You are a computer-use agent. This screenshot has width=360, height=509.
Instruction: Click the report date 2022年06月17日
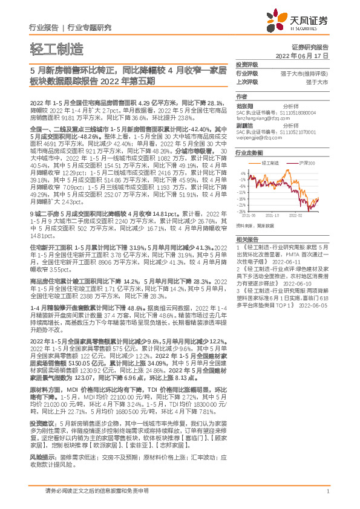[307, 55]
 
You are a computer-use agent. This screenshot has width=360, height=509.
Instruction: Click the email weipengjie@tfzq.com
[255, 137]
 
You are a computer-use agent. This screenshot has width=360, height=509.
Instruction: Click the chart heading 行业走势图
[249, 154]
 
